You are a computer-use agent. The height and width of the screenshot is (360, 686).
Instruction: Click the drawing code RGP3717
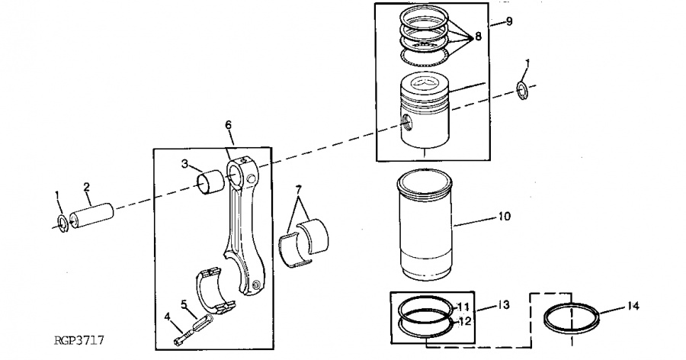(x=79, y=340)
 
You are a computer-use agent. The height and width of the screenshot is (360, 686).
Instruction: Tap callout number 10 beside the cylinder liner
(x=505, y=217)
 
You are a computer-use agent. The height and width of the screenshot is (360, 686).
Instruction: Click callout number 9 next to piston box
(x=509, y=21)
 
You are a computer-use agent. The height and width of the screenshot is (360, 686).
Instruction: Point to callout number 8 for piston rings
(x=478, y=37)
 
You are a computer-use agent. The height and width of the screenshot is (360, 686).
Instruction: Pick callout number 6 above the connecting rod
(x=229, y=125)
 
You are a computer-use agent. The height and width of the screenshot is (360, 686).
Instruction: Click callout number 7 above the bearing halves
(x=298, y=190)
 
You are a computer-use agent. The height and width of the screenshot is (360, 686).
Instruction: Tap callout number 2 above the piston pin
(x=87, y=188)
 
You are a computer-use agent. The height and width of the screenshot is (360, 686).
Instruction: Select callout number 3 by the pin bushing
(x=185, y=164)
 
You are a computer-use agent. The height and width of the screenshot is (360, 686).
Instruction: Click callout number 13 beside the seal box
(x=504, y=304)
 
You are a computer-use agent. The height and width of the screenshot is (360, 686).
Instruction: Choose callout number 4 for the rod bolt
(x=167, y=317)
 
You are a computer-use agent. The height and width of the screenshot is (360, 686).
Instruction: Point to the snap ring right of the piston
(x=522, y=90)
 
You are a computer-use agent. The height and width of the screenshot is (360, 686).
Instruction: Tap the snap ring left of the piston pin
(x=63, y=223)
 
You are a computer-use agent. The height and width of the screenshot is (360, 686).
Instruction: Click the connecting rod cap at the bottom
(x=214, y=291)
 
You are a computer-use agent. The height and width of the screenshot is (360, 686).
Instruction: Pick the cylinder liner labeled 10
(x=424, y=225)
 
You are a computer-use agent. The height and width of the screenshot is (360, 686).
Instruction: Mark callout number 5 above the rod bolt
(x=184, y=304)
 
